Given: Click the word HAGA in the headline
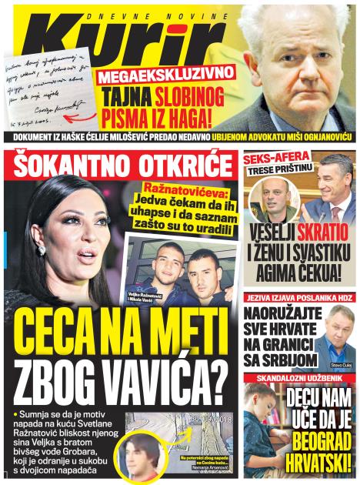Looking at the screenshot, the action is (x=205, y=119).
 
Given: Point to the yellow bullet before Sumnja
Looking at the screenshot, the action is (x=15, y=415).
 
